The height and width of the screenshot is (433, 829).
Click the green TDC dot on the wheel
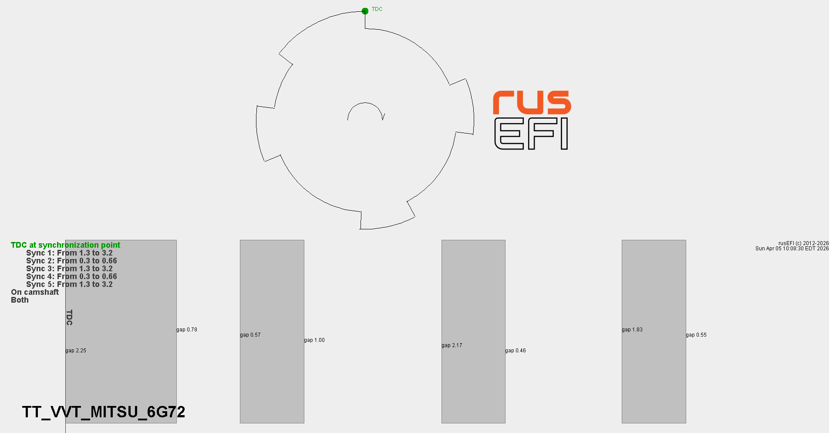point(365,11)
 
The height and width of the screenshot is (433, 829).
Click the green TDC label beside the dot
point(377,9)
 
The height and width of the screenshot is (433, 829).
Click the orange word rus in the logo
point(532,102)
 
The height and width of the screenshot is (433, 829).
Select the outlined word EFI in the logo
point(531,134)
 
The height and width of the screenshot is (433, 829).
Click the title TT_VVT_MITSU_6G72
point(104,412)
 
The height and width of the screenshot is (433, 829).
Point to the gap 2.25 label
point(76,351)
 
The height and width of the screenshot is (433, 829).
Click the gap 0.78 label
point(187,330)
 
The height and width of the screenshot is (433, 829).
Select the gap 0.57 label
point(250,335)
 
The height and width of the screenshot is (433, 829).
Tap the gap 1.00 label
point(314,340)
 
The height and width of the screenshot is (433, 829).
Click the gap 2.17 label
point(452,345)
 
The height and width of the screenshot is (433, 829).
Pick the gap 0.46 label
point(516,351)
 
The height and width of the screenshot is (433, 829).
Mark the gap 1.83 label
point(632,330)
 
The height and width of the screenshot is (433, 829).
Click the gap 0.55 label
point(696,335)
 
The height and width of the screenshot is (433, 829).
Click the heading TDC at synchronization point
point(65,245)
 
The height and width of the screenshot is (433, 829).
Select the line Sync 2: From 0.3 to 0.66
point(71,261)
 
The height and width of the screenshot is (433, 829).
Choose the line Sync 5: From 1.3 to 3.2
point(69,284)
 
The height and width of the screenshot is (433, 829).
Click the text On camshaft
point(35,292)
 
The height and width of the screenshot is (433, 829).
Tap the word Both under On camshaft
point(20,300)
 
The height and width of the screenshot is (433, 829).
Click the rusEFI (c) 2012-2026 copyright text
point(803,243)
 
